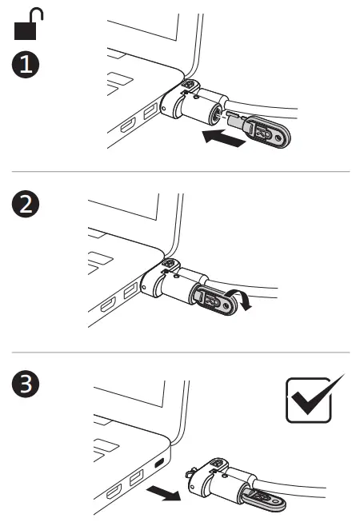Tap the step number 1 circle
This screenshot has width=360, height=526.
(x=26, y=65)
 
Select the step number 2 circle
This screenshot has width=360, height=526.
(x=26, y=204)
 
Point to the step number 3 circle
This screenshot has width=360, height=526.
(x=26, y=384)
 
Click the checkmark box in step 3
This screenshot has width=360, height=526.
(x=309, y=400)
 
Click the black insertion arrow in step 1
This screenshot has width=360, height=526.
(x=224, y=138)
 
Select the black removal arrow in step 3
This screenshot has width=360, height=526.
(x=164, y=492)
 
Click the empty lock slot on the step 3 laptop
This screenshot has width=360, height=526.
(x=159, y=463)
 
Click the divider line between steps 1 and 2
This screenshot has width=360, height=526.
(x=181, y=171)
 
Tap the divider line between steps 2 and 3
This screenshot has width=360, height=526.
(x=181, y=353)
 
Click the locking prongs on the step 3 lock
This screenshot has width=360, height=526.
(x=190, y=473)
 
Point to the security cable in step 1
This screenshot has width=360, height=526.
(x=262, y=108)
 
